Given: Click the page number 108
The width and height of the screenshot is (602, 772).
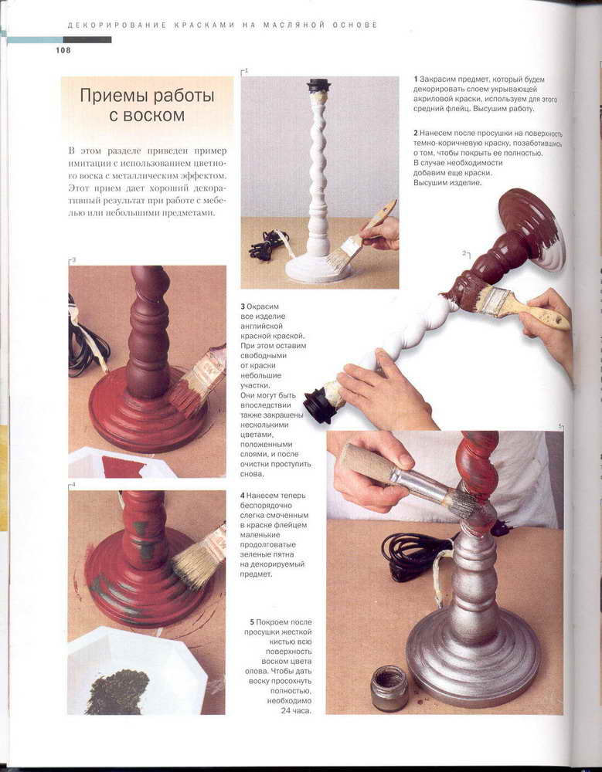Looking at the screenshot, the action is [63, 50].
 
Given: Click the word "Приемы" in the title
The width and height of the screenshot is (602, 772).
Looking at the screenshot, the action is [114, 95].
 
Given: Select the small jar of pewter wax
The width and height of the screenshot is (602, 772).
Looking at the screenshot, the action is [389, 688].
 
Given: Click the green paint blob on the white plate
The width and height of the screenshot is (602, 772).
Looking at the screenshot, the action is [117, 691].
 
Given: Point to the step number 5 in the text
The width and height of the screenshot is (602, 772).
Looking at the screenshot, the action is [252, 622].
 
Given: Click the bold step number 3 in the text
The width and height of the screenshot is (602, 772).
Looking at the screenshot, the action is [243, 306].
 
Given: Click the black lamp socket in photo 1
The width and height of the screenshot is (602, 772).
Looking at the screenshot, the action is [318, 86].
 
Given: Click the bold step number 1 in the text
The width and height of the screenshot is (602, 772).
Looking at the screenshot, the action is [416, 80].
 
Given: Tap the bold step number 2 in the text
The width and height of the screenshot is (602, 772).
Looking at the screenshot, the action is [416, 133].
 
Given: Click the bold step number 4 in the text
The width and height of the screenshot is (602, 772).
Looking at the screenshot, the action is [243, 496].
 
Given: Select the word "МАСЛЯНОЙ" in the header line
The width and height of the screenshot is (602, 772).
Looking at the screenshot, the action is [294, 25].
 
